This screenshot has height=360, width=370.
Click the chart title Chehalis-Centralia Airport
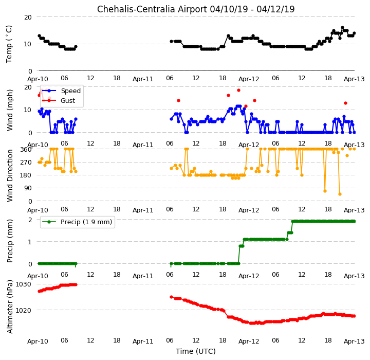[151, 9]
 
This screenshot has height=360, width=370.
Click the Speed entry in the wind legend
[70, 91]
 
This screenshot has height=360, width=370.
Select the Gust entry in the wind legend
[68, 101]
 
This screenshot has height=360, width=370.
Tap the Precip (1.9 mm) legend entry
[86, 222]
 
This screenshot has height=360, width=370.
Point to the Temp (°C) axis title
[9, 44]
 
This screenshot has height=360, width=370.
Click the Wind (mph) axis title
[9, 110]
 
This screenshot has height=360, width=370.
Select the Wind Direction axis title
[10, 175]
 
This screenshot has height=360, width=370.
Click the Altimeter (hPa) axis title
[10, 307]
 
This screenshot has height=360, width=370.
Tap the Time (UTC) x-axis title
[196, 351]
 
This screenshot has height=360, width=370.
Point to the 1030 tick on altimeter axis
[23, 284]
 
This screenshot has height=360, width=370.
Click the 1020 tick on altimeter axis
[23, 310]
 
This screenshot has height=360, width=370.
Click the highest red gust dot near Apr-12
[238, 90]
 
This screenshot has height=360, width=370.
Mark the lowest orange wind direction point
[340, 194]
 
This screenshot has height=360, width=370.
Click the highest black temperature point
[343, 28]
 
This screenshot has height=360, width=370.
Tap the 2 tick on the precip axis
[30, 220]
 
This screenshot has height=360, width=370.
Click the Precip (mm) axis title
[10, 241]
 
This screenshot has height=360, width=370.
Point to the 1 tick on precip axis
[30, 242]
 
